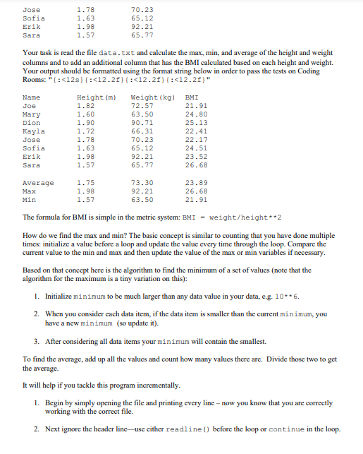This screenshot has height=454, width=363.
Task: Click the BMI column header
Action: (x=190, y=97)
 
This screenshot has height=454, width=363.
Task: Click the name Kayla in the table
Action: (x=33, y=130)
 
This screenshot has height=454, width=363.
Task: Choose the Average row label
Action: (x=38, y=182)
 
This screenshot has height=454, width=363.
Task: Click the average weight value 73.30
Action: (x=142, y=182)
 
